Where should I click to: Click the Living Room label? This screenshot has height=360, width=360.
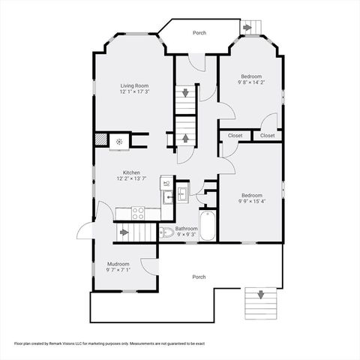[x=135, y=85]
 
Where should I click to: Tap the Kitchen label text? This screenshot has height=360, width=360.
[x=132, y=172]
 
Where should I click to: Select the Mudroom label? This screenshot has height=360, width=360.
[x=118, y=263]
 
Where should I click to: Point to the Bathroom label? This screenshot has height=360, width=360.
[x=187, y=229]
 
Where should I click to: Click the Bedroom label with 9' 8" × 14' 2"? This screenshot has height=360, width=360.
[x=251, y=76]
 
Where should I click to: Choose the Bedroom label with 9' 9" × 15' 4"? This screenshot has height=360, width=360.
[x=251, y=195]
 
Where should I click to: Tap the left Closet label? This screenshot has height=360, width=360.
[x=235, y=136]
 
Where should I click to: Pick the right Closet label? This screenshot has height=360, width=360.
[x=268, y=136]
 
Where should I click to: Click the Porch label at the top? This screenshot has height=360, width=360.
[x=199, y=33]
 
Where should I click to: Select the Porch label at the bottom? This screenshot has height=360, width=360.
[x=199, y=277]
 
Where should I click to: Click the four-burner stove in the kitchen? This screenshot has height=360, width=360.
[x=138, y=213]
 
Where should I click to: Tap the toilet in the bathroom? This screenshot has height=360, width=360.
[x=166, y=232]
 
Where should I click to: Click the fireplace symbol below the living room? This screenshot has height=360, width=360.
[x=118, y=141]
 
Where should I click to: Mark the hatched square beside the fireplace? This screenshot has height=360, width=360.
[x=101, y=141]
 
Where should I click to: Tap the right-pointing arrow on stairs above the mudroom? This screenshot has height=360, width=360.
[x=124, y=232]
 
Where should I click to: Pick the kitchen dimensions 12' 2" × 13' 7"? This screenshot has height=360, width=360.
[x=132, y=179]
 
